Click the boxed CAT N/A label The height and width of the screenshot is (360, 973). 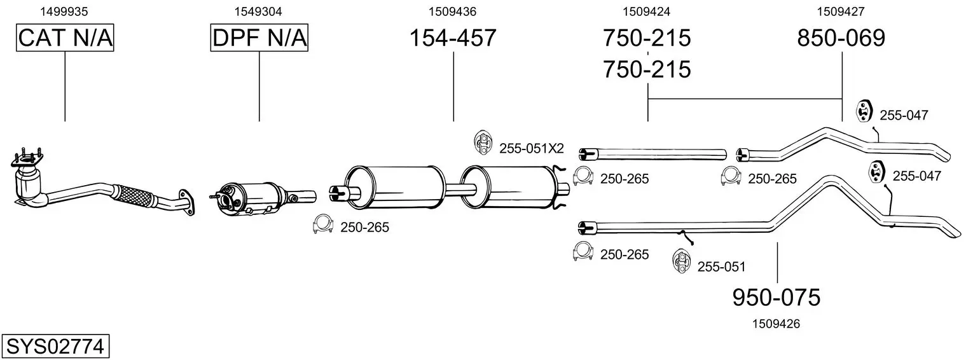65,38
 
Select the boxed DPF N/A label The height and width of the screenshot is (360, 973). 259,38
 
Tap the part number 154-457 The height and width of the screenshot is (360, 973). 453,38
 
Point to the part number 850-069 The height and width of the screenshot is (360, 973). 841,38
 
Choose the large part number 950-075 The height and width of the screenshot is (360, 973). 776,298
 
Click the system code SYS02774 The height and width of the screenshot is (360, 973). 55,347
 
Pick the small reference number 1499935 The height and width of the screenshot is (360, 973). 64,11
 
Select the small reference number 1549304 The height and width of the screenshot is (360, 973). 258,11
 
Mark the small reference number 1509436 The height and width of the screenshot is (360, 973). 453,11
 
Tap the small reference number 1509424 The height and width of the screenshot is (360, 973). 647,11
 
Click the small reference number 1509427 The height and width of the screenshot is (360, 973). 841,11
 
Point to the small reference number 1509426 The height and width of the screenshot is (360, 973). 776,324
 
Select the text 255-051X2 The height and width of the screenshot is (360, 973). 532,149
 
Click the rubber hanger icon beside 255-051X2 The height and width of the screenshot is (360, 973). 482,142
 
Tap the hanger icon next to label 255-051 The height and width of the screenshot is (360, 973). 681,261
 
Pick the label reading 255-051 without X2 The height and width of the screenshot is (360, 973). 722,267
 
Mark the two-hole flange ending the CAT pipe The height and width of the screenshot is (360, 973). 187,202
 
